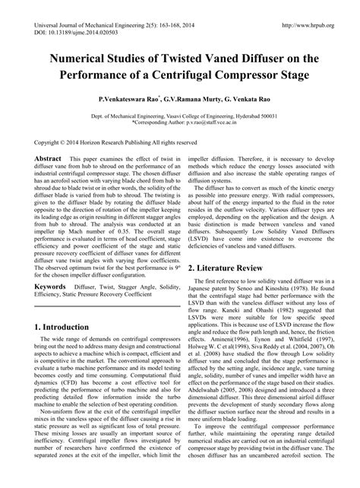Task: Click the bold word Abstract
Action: tap(48, 157)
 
